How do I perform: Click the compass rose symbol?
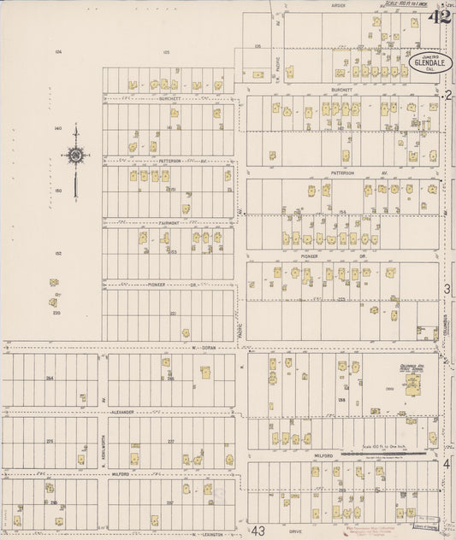(x=77, y=156)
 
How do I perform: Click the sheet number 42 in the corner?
(x=441, y=16)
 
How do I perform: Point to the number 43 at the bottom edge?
(x=259, y=531)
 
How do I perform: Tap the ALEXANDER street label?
(x=122, y=412)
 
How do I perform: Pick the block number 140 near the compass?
(x=58, y=128)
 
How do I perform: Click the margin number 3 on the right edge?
(x=447, y=290)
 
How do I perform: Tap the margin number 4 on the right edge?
(x=447, y=462)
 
